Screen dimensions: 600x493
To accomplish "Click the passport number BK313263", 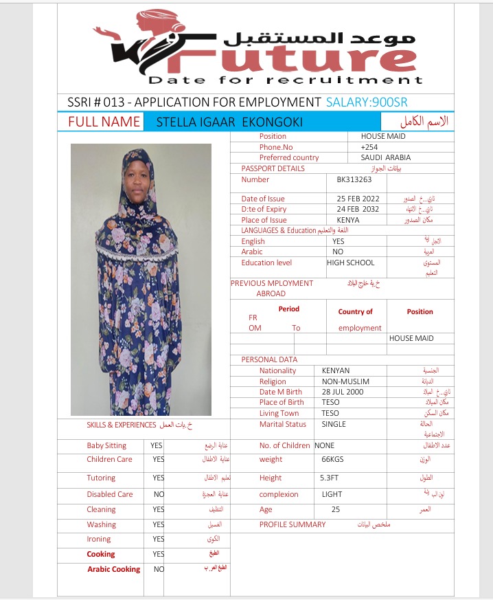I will (x=354, y=180).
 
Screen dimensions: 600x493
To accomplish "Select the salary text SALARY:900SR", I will (x=367, y=102).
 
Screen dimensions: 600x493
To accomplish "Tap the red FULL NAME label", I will (x=104, y=122).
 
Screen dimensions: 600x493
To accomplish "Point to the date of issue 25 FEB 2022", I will (x=359, y=199).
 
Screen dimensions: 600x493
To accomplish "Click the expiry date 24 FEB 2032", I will (x=359, y=209).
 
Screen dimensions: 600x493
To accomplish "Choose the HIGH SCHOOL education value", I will (x=351, y=263).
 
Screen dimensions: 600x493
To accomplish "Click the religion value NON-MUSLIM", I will (x=345, y=381).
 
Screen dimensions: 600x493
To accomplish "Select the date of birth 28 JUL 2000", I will (x=344, y=392).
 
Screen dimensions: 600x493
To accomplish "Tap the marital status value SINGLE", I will (x=334, y=424).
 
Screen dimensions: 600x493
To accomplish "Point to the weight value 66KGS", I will (x=332, y=459).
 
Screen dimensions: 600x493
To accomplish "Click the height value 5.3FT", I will (x=330, y=478).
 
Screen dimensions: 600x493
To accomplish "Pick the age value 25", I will (x=335, y=509).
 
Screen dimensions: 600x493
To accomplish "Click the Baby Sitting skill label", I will (x=106, y=445).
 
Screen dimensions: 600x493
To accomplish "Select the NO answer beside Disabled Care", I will (x=159, y=494).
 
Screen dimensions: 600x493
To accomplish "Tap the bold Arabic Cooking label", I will (x=113, y=569).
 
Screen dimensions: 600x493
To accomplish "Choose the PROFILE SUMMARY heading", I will (x=293, y=524).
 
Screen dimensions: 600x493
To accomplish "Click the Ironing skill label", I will (x=99, y=540).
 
